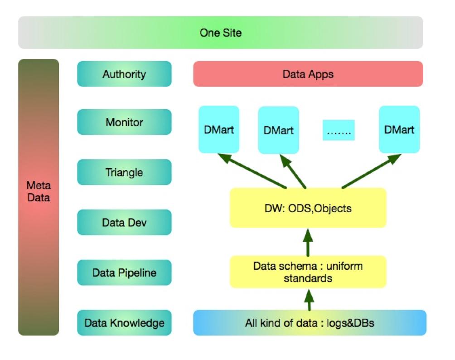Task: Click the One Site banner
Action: (x=220, y=33)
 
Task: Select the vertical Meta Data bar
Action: (x=39, y=197)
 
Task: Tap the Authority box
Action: (x=124, y=74)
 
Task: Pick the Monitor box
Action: (x=124, y=122)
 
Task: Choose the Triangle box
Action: (x=124, y=172)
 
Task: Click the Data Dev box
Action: (x=124, y=223)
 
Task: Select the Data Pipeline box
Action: (x=124, y=272)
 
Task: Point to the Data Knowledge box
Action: (x=124, y=323)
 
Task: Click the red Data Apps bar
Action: (x=308, y=74)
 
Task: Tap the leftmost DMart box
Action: (x=219, y=129)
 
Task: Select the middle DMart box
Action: (x=278, y=130)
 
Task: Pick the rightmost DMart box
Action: (x=399, y=129)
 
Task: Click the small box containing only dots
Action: (x=339, y=130)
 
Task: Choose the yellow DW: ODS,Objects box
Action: (x=308, y=208)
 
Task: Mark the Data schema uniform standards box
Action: (x=308, y=272)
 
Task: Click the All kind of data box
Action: (x=310, y=323)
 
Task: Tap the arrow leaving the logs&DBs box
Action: (x=309, y=299)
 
